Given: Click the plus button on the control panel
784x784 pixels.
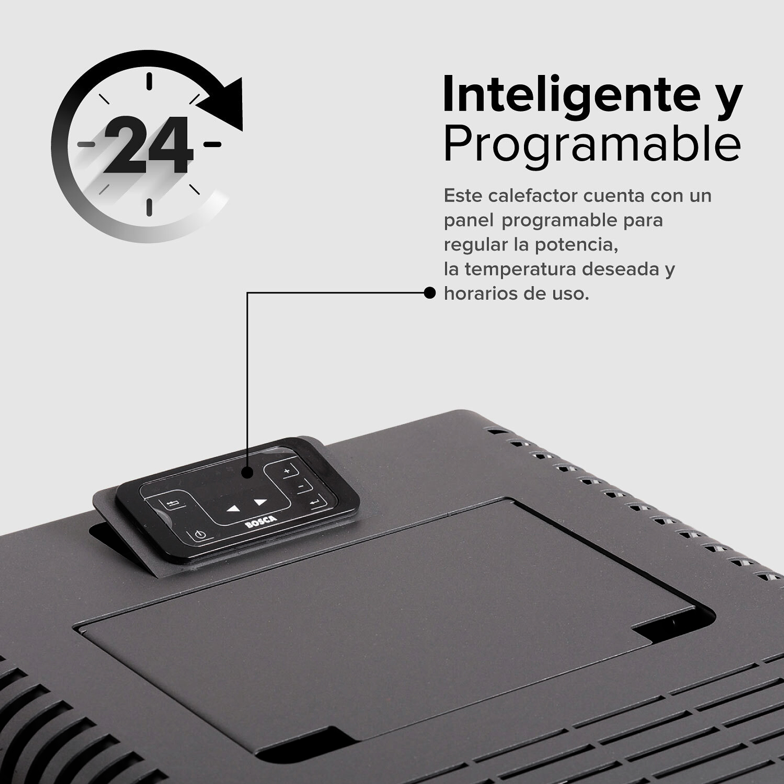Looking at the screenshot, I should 287,471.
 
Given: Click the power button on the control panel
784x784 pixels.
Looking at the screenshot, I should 200,534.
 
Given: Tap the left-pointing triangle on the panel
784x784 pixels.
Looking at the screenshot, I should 233,508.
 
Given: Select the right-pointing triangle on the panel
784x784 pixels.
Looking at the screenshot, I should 260,502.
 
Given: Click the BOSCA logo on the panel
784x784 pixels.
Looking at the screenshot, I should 260,521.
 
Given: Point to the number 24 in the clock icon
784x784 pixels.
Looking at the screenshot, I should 148,145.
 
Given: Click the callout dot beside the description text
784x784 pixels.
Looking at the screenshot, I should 429,293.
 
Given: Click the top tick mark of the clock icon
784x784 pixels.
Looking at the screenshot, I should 149,81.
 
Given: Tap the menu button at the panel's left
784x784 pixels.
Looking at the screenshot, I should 172,504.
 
